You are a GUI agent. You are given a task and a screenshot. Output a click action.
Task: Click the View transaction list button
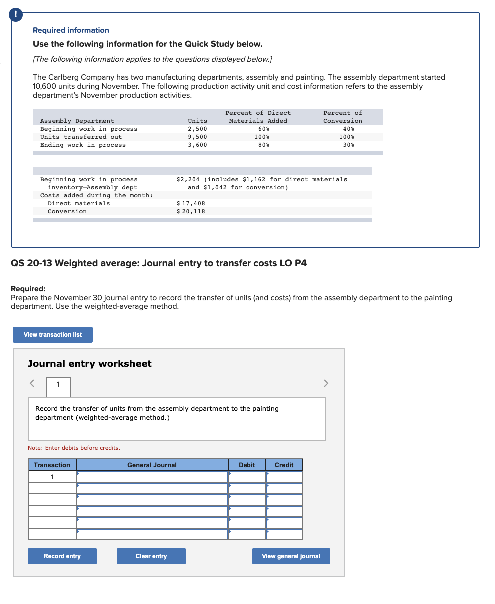point(53,335)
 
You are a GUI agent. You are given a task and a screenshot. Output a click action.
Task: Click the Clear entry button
point(151,556)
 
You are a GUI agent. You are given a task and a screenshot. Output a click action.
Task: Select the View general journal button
point(291,556)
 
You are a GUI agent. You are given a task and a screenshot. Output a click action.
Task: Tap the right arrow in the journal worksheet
point(326,383)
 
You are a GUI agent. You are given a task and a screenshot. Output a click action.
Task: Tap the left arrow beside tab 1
point(32,383)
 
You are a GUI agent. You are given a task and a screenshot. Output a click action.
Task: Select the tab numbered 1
point(58,384)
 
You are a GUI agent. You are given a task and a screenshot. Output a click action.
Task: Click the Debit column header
point(247,465)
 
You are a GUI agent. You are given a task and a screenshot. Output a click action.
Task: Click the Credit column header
point(284,465)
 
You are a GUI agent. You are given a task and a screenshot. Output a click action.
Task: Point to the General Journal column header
point(152,465)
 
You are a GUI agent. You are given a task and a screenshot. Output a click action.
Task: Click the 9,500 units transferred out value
point(197,137)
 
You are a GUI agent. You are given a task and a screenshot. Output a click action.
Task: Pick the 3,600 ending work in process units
point(197,145)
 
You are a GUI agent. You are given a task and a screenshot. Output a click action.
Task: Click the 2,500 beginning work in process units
point(197,129)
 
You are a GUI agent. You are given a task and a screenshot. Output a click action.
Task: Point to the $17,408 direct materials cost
point(191,203)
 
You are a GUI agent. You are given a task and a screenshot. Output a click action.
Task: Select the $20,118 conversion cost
point(191,211)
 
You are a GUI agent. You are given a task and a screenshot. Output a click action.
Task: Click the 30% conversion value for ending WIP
point(349,145)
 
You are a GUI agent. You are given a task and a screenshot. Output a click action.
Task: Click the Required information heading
point(71,30)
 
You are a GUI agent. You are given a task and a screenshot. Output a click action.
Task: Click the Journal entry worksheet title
point(90,364)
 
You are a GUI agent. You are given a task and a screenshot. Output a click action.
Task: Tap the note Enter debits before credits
point(74,448)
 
